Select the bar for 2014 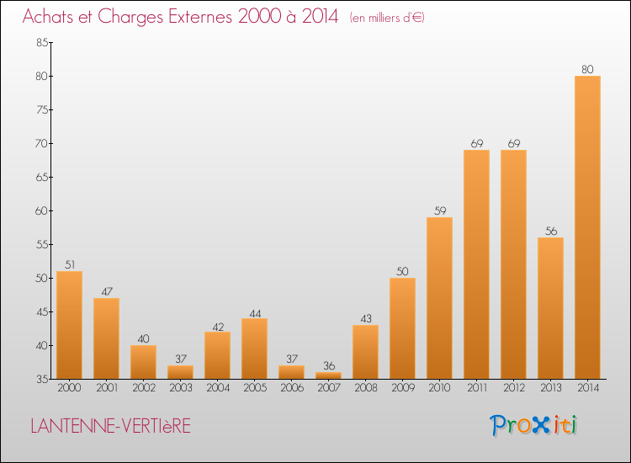(587, 227)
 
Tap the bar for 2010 (439, 298)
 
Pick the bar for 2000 (69, 325)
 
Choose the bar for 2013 (550, 308)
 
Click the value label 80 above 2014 (587, 69)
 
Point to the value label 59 (439, 210)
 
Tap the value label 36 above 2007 (328, 365)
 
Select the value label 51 (69, 264)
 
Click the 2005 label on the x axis (254, 388)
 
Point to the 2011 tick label (476, 388)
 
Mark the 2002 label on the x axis (143, 388)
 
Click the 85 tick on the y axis (40, 42)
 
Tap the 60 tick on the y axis (40, 210)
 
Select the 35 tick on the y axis (40, 379)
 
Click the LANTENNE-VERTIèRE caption (110, 427)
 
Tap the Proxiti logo (533, 425)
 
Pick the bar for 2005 (254, 349)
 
